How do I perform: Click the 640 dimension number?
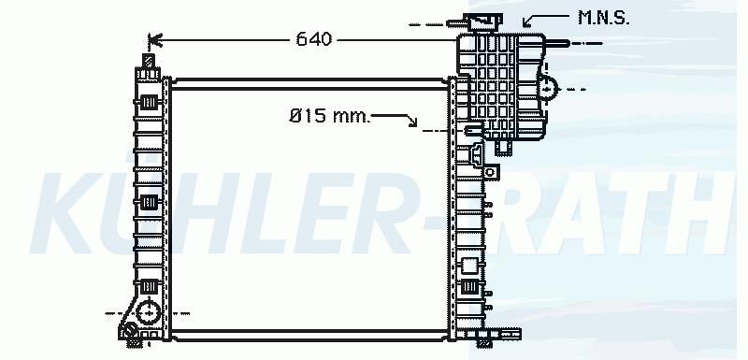[x=313, y=39]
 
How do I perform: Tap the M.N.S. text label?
[x=603, y=18]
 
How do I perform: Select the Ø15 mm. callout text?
[x=330, y=115]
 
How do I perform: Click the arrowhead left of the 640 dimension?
[x=155, y=40]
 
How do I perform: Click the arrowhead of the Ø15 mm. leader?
[x=412, y=122]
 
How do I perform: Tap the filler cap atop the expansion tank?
[x=485, y=22]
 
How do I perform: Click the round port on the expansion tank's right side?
[x=548, y=89]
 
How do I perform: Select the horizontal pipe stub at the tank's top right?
[x=557, y=43]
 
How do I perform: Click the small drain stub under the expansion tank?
[x=503, y=147]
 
